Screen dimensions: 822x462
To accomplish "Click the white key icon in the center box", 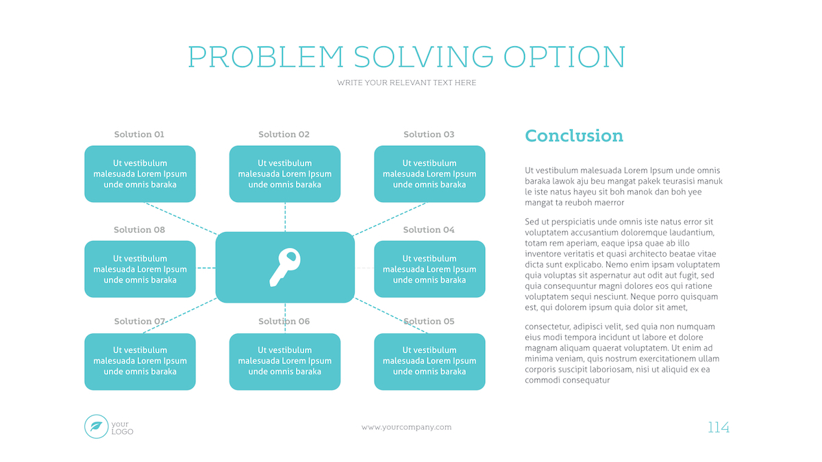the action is click(x=285, y=268).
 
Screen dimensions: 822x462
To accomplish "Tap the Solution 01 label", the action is click(x=139, y=134).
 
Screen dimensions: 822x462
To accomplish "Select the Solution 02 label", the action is click(x=284, y=134).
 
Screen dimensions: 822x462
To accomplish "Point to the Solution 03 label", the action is click(x=429, y=134).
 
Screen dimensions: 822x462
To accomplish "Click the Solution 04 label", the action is click(x=429, y=229).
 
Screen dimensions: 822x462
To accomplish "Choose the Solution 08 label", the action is click(x=140, y=229).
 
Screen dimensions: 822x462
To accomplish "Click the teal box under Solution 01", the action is click(x=140, y=174).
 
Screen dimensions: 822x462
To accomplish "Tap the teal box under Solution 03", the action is click(x=429, y=174).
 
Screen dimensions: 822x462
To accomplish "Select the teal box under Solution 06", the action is click(x=285, y=361).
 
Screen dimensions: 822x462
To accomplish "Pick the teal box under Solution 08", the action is click(x=140, y=269).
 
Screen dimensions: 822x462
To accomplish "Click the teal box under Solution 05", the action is click(x=429, y=361).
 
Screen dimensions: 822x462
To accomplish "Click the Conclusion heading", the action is click(x=574, y=136).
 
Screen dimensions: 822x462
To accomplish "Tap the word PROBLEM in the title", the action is click(x=266, y=57).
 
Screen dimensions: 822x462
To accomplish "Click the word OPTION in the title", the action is click(x=564, y=57).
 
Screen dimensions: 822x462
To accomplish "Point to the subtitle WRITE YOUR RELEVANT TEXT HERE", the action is click(x=407, y=83).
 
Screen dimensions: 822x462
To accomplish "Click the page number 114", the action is click(x=718, y=427).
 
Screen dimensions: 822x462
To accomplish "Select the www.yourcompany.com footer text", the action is click(x=407, y=427).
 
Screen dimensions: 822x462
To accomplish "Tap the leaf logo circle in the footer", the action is click(x=96, y=426).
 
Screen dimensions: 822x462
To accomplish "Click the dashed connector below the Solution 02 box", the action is click(x=285, y=217).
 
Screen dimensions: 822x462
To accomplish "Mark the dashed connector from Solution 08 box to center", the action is click(x=206, y=268).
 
